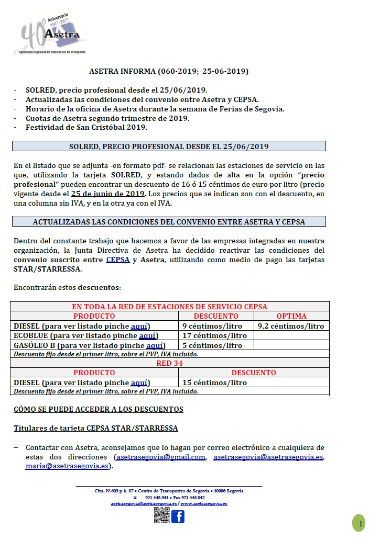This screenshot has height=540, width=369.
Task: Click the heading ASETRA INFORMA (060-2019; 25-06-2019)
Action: (x=169, y=71)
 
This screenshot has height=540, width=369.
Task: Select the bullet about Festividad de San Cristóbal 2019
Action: (x=86, y=127)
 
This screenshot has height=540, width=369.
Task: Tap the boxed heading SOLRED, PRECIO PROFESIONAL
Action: (x=169, y=147)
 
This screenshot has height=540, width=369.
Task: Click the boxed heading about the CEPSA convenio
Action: (x=169, y=221)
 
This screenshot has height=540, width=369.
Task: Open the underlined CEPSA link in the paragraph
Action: (x=117, y=260)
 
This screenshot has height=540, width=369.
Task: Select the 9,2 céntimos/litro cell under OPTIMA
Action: (x=291, y=326)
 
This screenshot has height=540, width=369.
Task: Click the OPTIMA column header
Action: (x=291, y=316)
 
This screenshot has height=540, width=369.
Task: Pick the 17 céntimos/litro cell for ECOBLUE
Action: (x=214, y=336)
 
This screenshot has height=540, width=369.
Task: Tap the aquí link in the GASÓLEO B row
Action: (x=155, y=345)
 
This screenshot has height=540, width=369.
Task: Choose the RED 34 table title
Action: (x=169, y=363)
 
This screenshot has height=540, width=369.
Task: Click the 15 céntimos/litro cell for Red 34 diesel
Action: (x=214, y=383)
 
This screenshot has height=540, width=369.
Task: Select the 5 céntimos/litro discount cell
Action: (x=212, y=345)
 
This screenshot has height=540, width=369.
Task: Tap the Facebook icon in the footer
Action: (x=178, y=516)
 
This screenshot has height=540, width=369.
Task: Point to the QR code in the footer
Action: (x=161, y=515)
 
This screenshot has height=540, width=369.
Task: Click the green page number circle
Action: (x=359, y=523)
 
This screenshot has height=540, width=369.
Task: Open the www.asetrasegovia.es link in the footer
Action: (x=204, y=503)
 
